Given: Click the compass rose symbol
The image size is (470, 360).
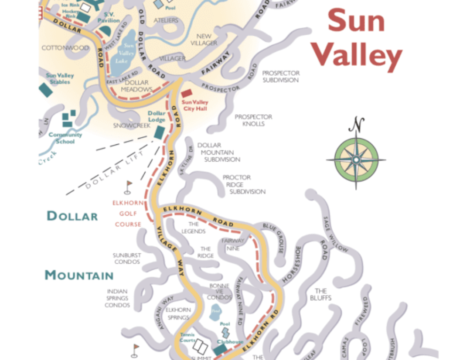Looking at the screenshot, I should tap(356, 160).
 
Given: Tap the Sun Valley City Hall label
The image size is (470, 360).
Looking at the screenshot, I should tap(195, 105).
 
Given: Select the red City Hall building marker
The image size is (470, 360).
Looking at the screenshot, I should tap(187, 94).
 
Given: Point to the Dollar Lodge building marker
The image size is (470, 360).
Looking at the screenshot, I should tap(160, 132).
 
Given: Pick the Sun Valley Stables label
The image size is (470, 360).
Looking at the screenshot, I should tap(58, 78).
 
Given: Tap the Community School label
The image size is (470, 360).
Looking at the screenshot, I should tap(65, 138).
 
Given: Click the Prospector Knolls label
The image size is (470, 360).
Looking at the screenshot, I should tap(253, 120).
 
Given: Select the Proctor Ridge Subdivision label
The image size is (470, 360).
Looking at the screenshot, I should tap(244, 185).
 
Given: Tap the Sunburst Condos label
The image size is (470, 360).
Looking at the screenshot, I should tap(126, 258).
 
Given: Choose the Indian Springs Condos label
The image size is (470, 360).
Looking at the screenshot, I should tap(117, 298).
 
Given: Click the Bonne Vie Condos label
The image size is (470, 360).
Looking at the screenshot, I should tap(219, 291).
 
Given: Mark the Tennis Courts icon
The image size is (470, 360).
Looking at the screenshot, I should tap(201, 347).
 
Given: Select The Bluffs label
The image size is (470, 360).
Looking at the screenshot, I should tap(321, 294).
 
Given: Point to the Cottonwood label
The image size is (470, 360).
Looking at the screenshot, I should tap(65, 48).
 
